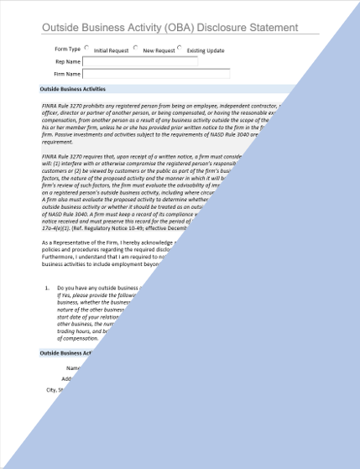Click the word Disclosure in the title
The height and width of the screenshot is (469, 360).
224,28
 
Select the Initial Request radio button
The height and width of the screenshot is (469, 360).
87,49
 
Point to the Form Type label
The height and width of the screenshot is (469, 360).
67,49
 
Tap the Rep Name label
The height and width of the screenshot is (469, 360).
68,61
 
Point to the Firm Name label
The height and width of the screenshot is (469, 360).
67,74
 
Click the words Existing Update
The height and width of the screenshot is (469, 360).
206,50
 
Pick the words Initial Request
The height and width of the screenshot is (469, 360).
111,50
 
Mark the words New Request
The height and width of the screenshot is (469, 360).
159,50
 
